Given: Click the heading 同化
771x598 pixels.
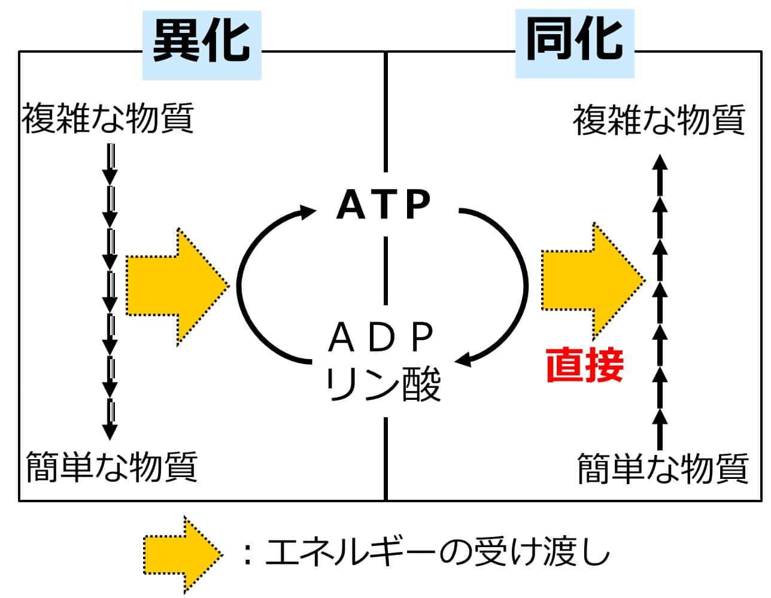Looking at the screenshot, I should (574, 41).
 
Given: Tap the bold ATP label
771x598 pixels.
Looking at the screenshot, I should (384, 204).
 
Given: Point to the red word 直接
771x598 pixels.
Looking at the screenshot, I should (584, 365).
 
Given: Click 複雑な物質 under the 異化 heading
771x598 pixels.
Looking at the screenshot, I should (108, 118).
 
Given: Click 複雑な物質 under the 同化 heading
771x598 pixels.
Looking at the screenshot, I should (659, 120).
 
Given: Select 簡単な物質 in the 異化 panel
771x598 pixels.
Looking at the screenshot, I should (112, 467).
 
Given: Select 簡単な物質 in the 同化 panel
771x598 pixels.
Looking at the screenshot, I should (663, 468).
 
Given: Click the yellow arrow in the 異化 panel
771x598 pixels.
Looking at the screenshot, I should (177, 286).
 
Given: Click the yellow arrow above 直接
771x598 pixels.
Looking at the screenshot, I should (593, 280).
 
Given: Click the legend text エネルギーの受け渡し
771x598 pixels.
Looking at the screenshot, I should (437, 553).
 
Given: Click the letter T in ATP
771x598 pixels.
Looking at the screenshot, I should (384, 204).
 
